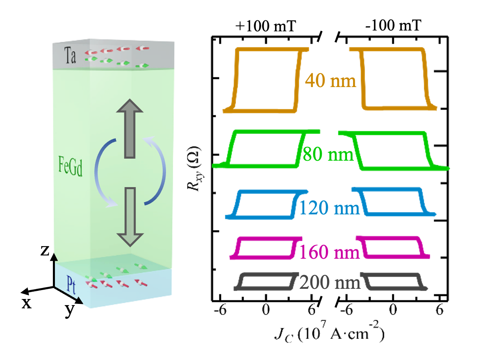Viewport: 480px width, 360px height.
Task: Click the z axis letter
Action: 45,251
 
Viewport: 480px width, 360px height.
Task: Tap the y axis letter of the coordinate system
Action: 70,311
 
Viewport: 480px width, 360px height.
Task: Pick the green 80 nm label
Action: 328,155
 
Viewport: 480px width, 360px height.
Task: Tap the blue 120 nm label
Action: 330,209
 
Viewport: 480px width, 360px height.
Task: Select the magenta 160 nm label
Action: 330,253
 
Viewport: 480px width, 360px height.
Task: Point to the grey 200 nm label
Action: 330,282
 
